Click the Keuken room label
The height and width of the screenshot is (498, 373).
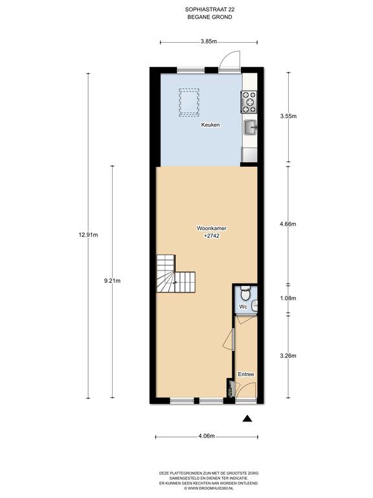[x=210, y=124]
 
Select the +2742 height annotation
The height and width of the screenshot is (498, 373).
[x=212, y=236]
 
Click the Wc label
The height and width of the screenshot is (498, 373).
[x=243, y=307]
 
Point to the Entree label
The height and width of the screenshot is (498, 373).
[x=246, y=374]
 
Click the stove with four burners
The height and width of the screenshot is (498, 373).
[x=249, y=102]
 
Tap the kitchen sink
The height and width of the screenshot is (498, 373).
[x=251, y=128]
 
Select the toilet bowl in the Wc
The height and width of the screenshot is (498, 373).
[x=245, y=293]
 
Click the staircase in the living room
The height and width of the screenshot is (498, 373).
[x=175, y=274]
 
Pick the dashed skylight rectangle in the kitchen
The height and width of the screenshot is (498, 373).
[x=189, y=102]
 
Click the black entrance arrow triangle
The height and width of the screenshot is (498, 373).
[x=247, y=419]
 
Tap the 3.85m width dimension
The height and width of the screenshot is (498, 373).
[x=209, y=41]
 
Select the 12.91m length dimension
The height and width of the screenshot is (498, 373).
[x=88, y=235]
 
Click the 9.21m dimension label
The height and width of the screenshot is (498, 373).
[x=112, y=281]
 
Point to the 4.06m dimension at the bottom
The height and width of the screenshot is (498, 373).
[x=207, y=436]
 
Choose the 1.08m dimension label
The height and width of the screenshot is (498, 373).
[x=288, y=298]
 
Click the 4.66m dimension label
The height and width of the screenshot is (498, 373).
[x=288, y=224]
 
